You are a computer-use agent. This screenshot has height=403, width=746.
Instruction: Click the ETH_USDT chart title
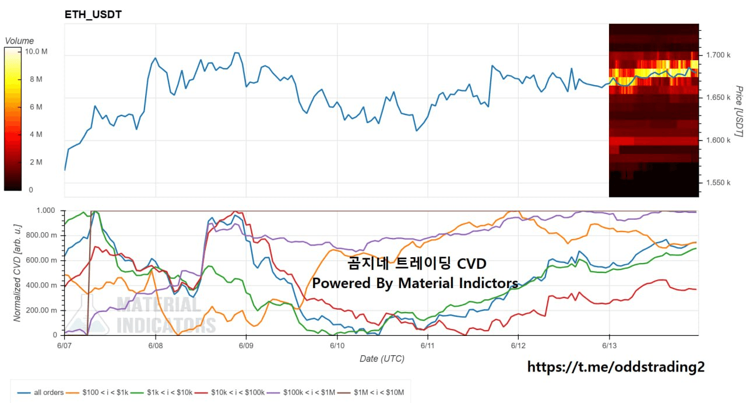click(93, 15)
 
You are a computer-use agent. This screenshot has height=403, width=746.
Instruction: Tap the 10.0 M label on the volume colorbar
click(36, 51)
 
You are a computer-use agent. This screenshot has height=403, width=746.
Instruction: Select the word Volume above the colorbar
click(19, 41)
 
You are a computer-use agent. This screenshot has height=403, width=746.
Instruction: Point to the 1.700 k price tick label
click(719, 55)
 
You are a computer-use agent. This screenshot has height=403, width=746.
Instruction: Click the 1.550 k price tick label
click(719, 183)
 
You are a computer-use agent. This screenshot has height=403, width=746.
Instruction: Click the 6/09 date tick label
click(246, 345)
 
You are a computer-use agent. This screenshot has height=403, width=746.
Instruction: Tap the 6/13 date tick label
click(609, 345)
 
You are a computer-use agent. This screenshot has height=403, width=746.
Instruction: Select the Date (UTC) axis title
click(382, 359)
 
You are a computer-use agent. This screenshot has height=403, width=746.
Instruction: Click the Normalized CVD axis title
click(17, 273)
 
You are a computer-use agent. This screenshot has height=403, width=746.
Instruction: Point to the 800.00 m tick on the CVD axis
click(41, 236)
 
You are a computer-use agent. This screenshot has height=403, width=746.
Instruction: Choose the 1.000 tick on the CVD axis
click(45, 211)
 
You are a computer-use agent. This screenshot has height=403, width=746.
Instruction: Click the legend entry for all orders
click(40, 393)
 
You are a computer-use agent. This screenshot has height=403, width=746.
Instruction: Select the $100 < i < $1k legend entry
click(97, 393)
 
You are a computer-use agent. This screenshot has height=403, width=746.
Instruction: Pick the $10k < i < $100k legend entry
click(230, 393)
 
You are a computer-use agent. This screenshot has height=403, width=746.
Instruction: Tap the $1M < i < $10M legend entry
click(371, 393)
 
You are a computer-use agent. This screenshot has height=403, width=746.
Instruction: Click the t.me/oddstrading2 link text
click(616, 367)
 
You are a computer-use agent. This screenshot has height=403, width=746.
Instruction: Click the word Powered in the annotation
click(342, 283)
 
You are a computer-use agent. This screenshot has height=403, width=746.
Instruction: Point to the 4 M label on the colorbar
click(36, 134)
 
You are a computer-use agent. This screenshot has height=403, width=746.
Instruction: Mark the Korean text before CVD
click(399, 264)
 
